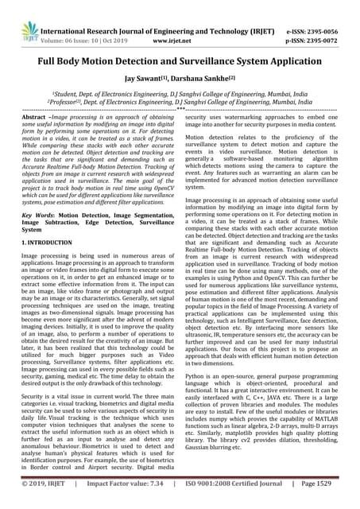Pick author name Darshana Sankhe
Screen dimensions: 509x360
click(x=212, y=80)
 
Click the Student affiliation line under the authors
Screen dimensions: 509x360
click(x=180, y=92)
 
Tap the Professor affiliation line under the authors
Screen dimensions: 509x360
click(x=180, y=102)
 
